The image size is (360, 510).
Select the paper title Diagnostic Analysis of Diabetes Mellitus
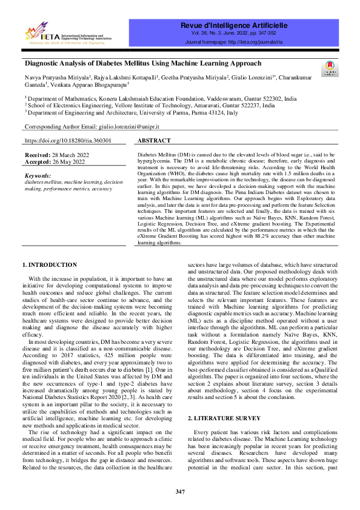pyautogui.click(x=143, y=63)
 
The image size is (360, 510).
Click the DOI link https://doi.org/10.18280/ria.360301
pyautogui.click(x=67, y=140)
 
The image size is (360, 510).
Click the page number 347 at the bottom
pyautogui.click(x=180, y=491)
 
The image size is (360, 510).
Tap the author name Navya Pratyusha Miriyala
pyautogui.click(x=59, y=78)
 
